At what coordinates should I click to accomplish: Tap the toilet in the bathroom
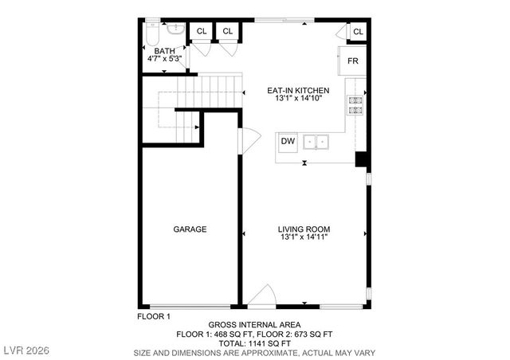click(x=153, y=33)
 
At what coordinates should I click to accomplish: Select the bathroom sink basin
click(x=178, y=29)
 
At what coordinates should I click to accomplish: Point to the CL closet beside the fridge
click(x=358, y=32)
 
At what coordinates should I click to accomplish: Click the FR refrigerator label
click(x=352, y=61)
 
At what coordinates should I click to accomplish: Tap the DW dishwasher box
click(x=288, y=143)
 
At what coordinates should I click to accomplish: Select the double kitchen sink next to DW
click(x=320, y=143)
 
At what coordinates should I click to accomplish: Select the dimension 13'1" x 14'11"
click(x=304, y=237)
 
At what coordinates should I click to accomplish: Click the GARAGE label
click(x=190, y=229)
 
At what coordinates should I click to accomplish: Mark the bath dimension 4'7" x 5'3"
click(x=165, y=58)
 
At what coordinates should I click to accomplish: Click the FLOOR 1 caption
click(x=154, y=316)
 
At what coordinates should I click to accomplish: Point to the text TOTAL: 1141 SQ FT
click(x=254, y=343)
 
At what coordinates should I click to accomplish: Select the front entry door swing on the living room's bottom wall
click(x=261, y=299)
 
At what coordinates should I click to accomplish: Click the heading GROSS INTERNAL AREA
click(x=254, y=325)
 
